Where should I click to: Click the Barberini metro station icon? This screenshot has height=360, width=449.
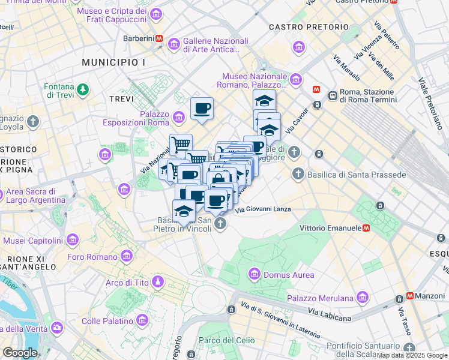[x=159, y=38]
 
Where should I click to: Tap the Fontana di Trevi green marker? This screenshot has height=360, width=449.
[x=83, y=90]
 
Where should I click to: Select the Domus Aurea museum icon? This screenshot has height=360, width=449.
[x=253, y=275]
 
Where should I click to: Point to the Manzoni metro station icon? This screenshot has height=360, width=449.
[x=411, y=296]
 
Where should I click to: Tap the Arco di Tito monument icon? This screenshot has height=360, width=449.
[x=157, y=282]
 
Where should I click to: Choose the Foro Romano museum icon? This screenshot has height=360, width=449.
[x=126, y=257]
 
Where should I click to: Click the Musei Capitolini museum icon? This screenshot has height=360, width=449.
[x=73, y=241]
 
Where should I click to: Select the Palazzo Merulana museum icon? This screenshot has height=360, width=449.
[x=362, y=298]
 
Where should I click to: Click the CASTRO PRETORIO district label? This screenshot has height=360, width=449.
[x=309, y=27]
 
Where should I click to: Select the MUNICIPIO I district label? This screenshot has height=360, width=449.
[x=113, y=62]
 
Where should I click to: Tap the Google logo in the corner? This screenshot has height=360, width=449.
[x=20, y=353]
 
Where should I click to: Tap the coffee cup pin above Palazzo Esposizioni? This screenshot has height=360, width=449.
[x=202, y=109]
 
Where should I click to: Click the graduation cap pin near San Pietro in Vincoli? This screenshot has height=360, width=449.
[x=184, y=211]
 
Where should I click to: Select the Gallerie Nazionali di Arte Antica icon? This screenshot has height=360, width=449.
[x=174, y=43]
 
